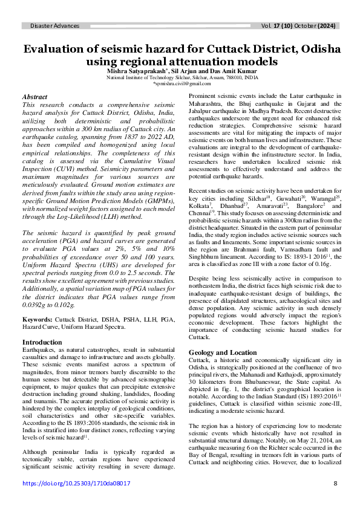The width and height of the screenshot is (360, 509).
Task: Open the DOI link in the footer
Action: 77,484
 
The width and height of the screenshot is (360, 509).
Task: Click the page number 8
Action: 335,484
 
